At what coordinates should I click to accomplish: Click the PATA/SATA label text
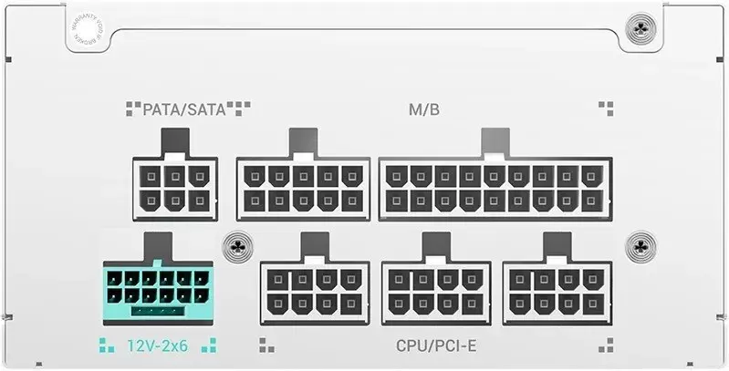[x=187, y=110]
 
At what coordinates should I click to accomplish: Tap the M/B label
[x=423, y=110]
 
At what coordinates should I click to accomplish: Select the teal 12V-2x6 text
[x=157, y=345]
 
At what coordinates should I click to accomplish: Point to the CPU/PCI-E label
[x=437, y=345]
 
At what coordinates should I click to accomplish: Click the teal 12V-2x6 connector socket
[x=157, y=292]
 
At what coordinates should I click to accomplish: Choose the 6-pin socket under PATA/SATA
[x=175, y=188]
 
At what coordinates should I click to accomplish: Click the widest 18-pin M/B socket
[x=494, y=188]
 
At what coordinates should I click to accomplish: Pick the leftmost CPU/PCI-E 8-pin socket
[x=315, y=292]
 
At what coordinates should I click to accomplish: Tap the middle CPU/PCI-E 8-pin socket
[x=436, y=292]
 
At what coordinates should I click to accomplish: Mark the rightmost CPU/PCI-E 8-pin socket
[x=557, y=292]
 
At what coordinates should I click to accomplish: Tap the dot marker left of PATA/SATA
[x=132, y=109]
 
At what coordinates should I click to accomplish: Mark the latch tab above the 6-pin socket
[x=175, y=142]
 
